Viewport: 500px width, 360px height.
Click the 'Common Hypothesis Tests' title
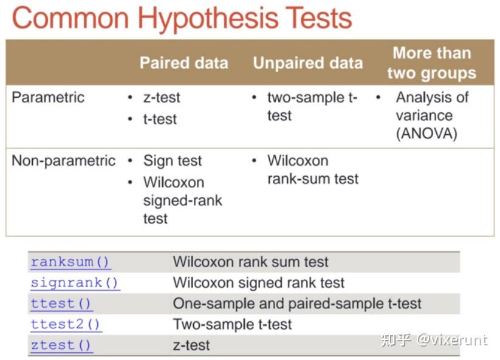[182, 18]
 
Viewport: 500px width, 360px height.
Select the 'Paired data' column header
[184, 63]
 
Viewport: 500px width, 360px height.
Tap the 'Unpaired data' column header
[308, 63]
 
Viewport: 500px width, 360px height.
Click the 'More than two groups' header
[432, 63]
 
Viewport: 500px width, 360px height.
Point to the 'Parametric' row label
[48, 97]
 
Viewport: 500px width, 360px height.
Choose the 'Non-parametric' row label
[63, 160]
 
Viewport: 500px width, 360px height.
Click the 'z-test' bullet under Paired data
[162, 98]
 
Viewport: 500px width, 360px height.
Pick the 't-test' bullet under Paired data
[160, 120]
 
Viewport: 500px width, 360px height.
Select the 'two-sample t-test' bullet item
[312, 106]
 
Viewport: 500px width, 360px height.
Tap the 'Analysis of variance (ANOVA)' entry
[432, 115]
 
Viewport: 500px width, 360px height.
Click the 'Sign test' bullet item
[173, 160]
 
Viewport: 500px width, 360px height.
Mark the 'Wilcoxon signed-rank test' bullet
[183, 200]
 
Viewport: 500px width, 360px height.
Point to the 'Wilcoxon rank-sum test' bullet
[313, 169]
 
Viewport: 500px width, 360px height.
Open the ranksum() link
[70, 262]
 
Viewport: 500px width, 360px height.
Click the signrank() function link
[75, 283]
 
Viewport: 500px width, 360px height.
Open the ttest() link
[61, 304]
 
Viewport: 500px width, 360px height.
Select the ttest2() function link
[66, 324]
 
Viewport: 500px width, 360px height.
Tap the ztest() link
[61, 345]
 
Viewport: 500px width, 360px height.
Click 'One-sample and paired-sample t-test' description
[297, 304]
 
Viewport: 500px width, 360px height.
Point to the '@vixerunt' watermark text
[452, 340]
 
